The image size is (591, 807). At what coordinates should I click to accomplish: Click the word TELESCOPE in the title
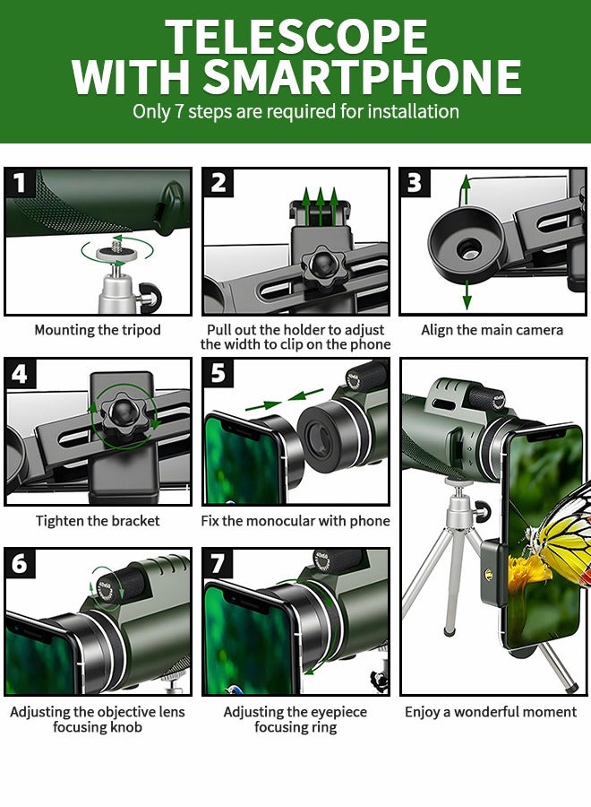[x=296, y=37]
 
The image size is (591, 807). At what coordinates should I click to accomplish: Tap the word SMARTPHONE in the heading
[x=362, y=77]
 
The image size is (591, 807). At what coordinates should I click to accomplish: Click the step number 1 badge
[x=20, y=182]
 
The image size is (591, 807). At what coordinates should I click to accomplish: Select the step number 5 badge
[x=218, y=373]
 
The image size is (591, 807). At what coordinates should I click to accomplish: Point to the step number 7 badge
[x=218, y=563]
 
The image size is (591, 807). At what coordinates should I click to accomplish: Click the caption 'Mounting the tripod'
[x=98, y=330]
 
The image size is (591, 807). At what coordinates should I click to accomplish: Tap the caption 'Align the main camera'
[x=492, y=330]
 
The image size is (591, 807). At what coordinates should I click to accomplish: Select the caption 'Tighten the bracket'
[x=98, y=521]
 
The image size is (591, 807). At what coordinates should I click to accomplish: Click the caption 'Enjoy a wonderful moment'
[x=491, y=712]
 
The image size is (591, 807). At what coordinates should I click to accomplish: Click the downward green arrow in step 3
[x=467, y=295]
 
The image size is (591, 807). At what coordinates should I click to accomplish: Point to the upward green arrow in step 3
[x=465, y=190]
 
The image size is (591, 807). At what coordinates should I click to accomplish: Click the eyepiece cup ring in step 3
[x=467, y=246]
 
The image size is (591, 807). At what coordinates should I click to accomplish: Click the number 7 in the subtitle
[x=179, y=112]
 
